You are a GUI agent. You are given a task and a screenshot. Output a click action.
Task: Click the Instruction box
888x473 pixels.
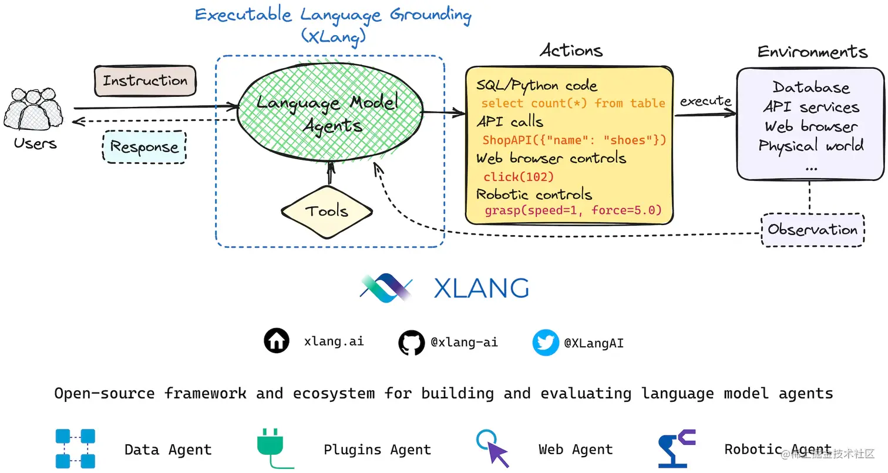click(145, 81)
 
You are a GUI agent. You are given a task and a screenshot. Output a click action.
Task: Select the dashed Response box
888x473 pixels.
click(144, 147)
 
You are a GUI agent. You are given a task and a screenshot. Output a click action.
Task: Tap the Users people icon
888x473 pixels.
click(33, 109)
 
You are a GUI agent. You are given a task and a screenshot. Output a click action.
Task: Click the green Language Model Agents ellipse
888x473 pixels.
click(330, 112)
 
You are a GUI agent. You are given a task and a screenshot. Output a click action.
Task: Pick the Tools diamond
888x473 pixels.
click(327, 212)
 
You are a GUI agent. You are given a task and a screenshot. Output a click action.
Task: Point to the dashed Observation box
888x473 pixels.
click(813, 230)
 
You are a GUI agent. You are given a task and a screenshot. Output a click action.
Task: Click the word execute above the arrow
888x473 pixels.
click(706, 100)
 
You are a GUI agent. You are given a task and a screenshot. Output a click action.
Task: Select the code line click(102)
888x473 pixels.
click(519, 176)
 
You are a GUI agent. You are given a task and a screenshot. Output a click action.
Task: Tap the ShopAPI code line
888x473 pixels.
click(574, 140)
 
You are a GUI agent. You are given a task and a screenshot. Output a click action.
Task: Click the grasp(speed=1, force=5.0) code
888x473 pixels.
click(573, 210)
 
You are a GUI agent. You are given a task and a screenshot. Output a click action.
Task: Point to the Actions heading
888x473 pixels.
click(571, 51)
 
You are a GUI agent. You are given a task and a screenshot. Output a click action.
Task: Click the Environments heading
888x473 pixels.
click(812, 52)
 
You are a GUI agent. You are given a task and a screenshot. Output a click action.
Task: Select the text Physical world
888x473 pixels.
click(811, 145)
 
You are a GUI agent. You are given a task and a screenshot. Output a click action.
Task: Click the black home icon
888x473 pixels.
click(276, 341)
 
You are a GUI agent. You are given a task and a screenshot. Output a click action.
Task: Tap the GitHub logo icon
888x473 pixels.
click(412, 343)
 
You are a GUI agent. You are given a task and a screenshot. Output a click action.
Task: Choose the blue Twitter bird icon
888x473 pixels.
click(546, 343)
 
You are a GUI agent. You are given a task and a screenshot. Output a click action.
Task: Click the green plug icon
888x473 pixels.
click(274, 448)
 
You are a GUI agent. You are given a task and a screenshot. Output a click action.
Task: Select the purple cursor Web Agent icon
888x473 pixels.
click(493, 448)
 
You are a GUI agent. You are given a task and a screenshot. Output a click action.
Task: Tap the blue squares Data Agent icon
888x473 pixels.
click(75, 448)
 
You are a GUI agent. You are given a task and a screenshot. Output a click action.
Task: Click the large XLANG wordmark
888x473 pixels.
click(481, 289)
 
